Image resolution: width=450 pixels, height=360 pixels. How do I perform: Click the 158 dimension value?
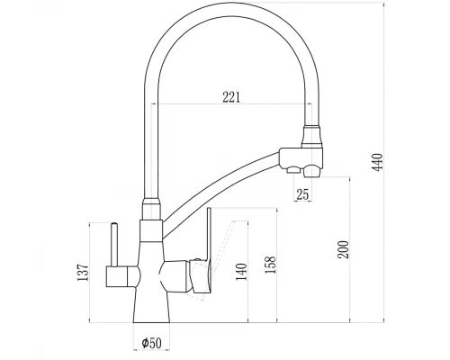(270, 264)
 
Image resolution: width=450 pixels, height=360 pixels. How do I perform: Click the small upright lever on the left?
(115, 243)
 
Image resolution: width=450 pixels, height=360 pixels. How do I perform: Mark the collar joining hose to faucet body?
(149, 212)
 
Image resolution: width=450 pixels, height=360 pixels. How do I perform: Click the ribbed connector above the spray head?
(310, 135)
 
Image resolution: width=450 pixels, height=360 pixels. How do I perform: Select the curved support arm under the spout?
(225, 180)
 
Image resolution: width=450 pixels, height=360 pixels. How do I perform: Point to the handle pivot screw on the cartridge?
(194, 263)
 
